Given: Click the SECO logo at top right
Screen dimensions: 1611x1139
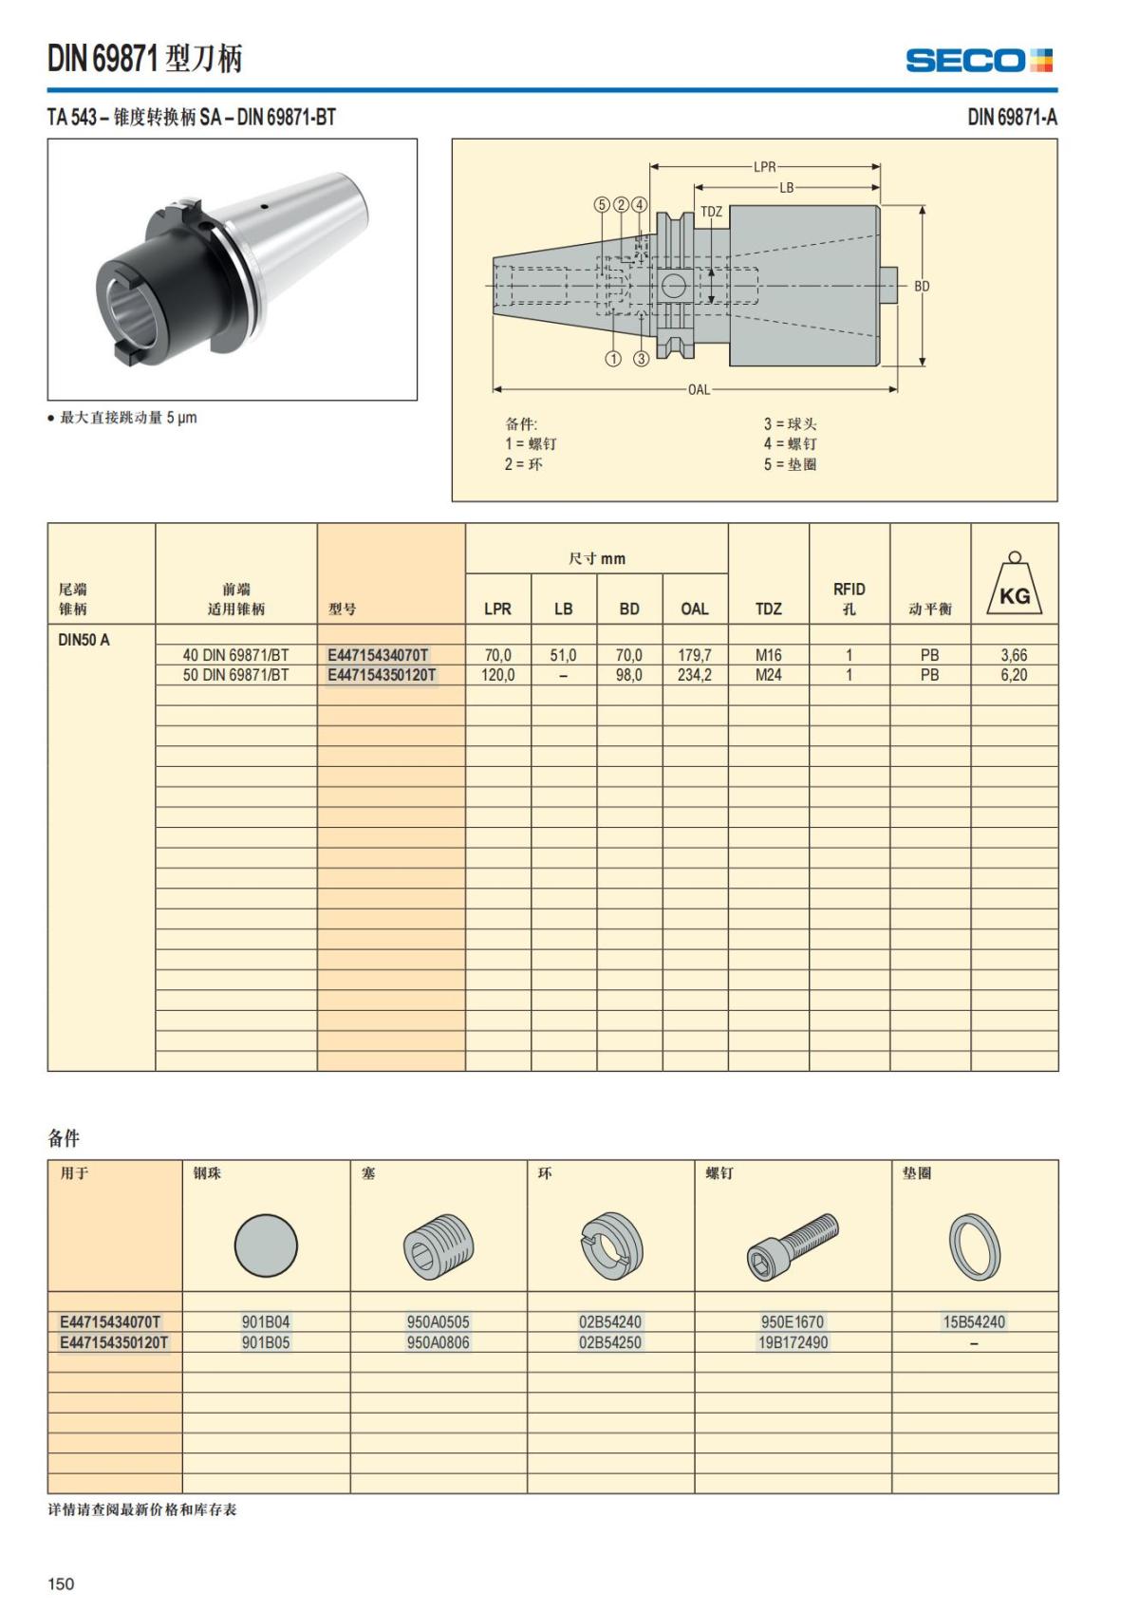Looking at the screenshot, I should tap(979, 61).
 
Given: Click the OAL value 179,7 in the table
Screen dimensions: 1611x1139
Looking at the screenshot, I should tap(695, 655).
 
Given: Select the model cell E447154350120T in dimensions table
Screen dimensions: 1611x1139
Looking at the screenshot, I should tap(382, 675).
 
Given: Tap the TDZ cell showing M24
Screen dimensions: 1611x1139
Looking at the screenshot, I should tap(768, 675).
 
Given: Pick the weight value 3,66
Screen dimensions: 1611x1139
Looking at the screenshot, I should tap(1014, 655).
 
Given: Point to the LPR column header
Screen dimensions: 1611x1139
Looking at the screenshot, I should tap(497, 609).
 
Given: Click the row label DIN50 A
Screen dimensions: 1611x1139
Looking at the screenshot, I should tap(84, 640).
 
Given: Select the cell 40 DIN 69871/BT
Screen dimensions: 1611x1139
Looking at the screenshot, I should tap(235, 655).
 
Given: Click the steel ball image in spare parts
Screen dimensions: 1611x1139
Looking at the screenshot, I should tap(266, 1245).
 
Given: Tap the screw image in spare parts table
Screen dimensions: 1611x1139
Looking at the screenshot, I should tap(793, 1245).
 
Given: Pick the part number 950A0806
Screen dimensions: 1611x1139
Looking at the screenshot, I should tap(438, 1342).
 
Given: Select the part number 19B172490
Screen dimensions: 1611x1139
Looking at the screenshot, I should tap(793, 1342).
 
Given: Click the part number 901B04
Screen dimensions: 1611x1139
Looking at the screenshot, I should tap(266, 1321).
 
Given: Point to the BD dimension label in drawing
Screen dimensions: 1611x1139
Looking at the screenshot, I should tap(921, 286).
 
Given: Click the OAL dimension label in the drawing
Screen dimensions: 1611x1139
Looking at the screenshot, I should tap(699, 389).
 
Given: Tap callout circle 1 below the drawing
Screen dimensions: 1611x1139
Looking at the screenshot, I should tap(613, 358).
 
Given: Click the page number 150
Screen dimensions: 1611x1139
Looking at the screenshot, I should tap(61, 1583).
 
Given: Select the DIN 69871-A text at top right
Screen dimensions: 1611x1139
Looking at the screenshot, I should tap(1012, 118).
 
